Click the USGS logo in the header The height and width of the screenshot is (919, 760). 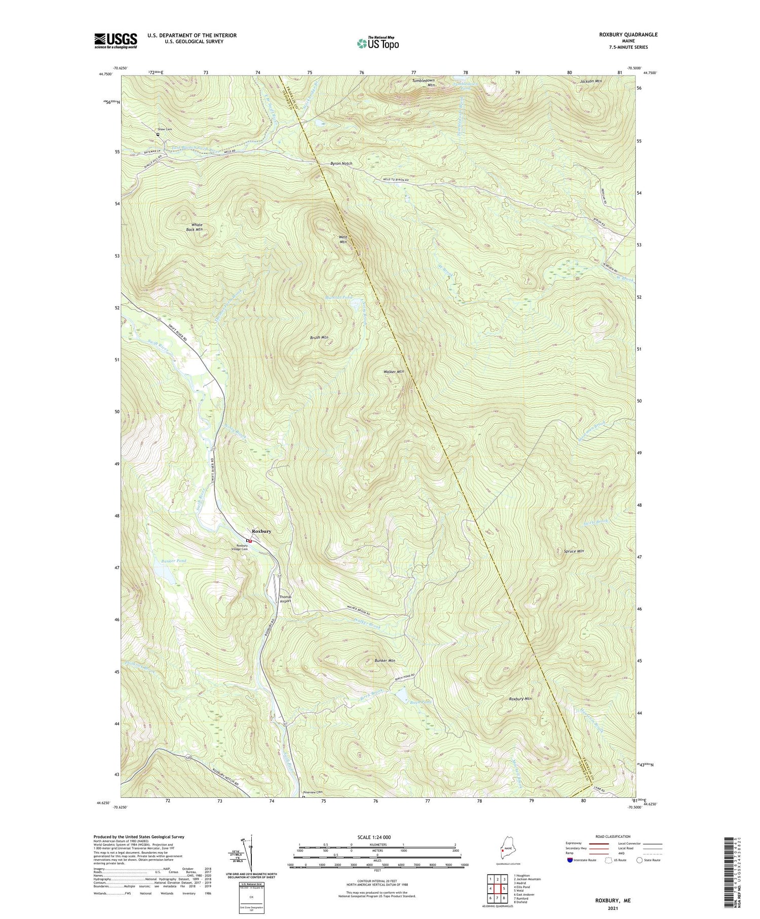[x=116, y=41]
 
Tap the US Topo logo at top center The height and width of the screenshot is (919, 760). [x=377, y=43]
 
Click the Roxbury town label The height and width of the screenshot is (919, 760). [x=261, y=531]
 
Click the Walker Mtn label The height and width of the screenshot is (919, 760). [x=394, y=372]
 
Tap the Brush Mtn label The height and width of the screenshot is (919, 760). [x=319, y=337]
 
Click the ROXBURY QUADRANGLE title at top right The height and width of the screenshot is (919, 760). [x=628, y=34]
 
